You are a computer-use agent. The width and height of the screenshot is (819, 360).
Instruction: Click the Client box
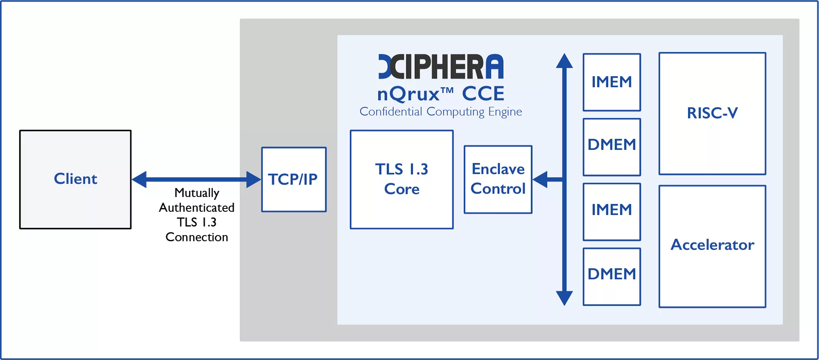(75, 179)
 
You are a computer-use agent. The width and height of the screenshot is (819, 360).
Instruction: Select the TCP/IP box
(294, 179)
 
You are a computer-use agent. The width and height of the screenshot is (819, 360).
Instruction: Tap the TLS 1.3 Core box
(401, 179)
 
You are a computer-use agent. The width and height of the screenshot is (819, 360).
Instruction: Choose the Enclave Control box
(498, 179)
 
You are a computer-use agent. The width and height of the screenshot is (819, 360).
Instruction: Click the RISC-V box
(712, 113)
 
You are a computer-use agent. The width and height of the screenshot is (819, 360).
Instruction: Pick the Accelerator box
(712, 246)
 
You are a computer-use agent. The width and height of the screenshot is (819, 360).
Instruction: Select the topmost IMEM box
(612, 82)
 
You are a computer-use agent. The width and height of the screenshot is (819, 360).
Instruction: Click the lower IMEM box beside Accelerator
(612, 211)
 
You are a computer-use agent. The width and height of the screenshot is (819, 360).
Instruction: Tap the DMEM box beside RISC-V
(612, 147)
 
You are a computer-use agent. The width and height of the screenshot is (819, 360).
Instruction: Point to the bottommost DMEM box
(612, 276)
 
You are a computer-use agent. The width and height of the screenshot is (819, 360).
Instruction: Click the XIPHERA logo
(441, 66)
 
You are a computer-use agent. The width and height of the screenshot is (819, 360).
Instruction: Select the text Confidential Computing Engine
(441, 112)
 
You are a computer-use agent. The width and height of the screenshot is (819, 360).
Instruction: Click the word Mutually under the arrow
(197, 193)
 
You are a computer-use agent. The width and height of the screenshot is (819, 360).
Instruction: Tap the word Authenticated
(197, 208)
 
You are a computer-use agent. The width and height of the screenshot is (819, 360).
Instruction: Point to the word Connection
(197, 237)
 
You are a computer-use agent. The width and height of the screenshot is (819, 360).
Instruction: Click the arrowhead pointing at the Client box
(140, 179)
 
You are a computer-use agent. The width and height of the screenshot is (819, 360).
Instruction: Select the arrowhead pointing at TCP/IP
(253, 179)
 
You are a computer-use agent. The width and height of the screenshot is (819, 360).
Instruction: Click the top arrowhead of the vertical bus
(564, 61)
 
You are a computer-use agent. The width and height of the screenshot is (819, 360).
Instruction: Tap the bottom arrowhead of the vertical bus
(564, 298)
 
